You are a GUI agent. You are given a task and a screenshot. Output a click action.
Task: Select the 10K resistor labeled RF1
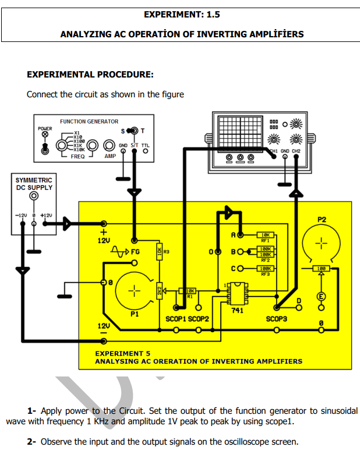click(265, 235)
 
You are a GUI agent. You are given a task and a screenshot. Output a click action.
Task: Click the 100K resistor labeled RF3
click(265, 269)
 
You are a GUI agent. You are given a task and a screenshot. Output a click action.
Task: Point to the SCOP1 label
click(175, 319)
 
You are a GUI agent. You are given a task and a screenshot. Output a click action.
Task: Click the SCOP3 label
click(277, 319)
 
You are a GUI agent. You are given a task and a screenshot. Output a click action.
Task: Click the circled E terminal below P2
click(320, 296)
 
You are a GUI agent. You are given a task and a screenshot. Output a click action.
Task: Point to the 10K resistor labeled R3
click(159, 252)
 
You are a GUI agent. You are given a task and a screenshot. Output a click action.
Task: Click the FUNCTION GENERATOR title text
click(89, 121)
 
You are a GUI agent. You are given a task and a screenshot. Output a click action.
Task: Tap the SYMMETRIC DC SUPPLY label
click(34, 184)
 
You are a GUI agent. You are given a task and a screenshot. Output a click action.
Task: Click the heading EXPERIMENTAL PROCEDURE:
click(90, 75)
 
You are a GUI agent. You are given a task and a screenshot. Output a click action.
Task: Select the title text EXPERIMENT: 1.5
click(181, 14)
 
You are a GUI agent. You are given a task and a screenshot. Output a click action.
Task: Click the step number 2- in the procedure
click(32, 441)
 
